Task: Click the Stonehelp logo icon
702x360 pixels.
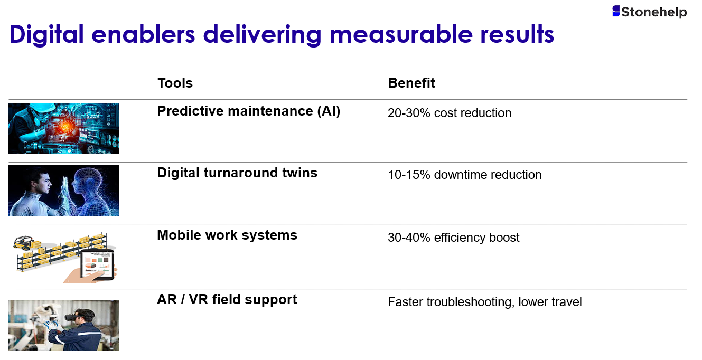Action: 616,11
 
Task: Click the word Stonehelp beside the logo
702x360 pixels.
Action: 654,13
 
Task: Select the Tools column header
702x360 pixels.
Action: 175,83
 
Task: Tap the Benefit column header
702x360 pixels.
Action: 411,83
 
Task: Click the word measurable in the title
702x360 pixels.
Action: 401,34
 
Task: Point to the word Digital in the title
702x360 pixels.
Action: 46,35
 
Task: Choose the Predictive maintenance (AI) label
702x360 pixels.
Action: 249,111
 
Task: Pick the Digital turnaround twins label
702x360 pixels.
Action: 237,173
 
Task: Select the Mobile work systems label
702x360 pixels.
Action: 227,235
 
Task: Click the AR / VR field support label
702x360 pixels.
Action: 227,299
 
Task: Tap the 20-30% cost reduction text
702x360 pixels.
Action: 450,113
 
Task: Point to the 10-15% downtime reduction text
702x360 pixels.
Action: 465,175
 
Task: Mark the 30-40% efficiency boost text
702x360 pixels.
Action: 454,238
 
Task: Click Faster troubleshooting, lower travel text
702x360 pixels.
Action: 485,302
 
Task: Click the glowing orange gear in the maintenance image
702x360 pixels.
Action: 65,127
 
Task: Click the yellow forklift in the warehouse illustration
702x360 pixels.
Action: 24,242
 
